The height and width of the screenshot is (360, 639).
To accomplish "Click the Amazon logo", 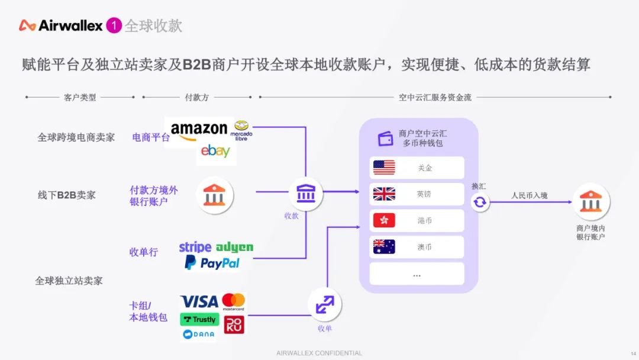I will [x=199, y=130].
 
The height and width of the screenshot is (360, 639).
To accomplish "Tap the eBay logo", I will [x=215, y=152].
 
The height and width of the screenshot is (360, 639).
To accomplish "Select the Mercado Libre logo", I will [x=241, y=130].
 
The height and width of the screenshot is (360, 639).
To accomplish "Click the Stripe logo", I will [x=195, y=247].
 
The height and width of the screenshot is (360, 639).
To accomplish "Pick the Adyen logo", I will [x=234, y=247].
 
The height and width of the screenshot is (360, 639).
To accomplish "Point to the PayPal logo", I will [x=212, y=263].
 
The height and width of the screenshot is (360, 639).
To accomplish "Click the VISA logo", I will [x=199, y=301].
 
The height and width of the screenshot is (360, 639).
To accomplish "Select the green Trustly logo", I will [x=199, y=319].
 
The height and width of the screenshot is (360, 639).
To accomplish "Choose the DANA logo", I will [x=198, y=335].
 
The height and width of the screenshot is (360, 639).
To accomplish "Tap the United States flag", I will [x=384, y=168].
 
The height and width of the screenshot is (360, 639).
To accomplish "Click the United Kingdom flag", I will [x=384, y=194].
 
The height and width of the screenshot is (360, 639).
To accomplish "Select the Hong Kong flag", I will [x=384, y=220].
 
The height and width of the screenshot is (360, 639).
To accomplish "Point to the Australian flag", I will [x=384, y=246].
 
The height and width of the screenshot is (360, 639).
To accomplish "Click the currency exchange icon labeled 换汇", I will [x=479, y=202].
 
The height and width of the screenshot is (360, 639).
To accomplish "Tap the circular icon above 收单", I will [x=324, y=304].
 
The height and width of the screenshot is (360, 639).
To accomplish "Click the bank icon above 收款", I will [x=305, y=193].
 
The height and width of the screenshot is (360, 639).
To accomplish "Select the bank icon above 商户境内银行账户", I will [x=590, y=201].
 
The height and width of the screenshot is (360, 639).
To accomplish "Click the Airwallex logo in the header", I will [x=61, y=25].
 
